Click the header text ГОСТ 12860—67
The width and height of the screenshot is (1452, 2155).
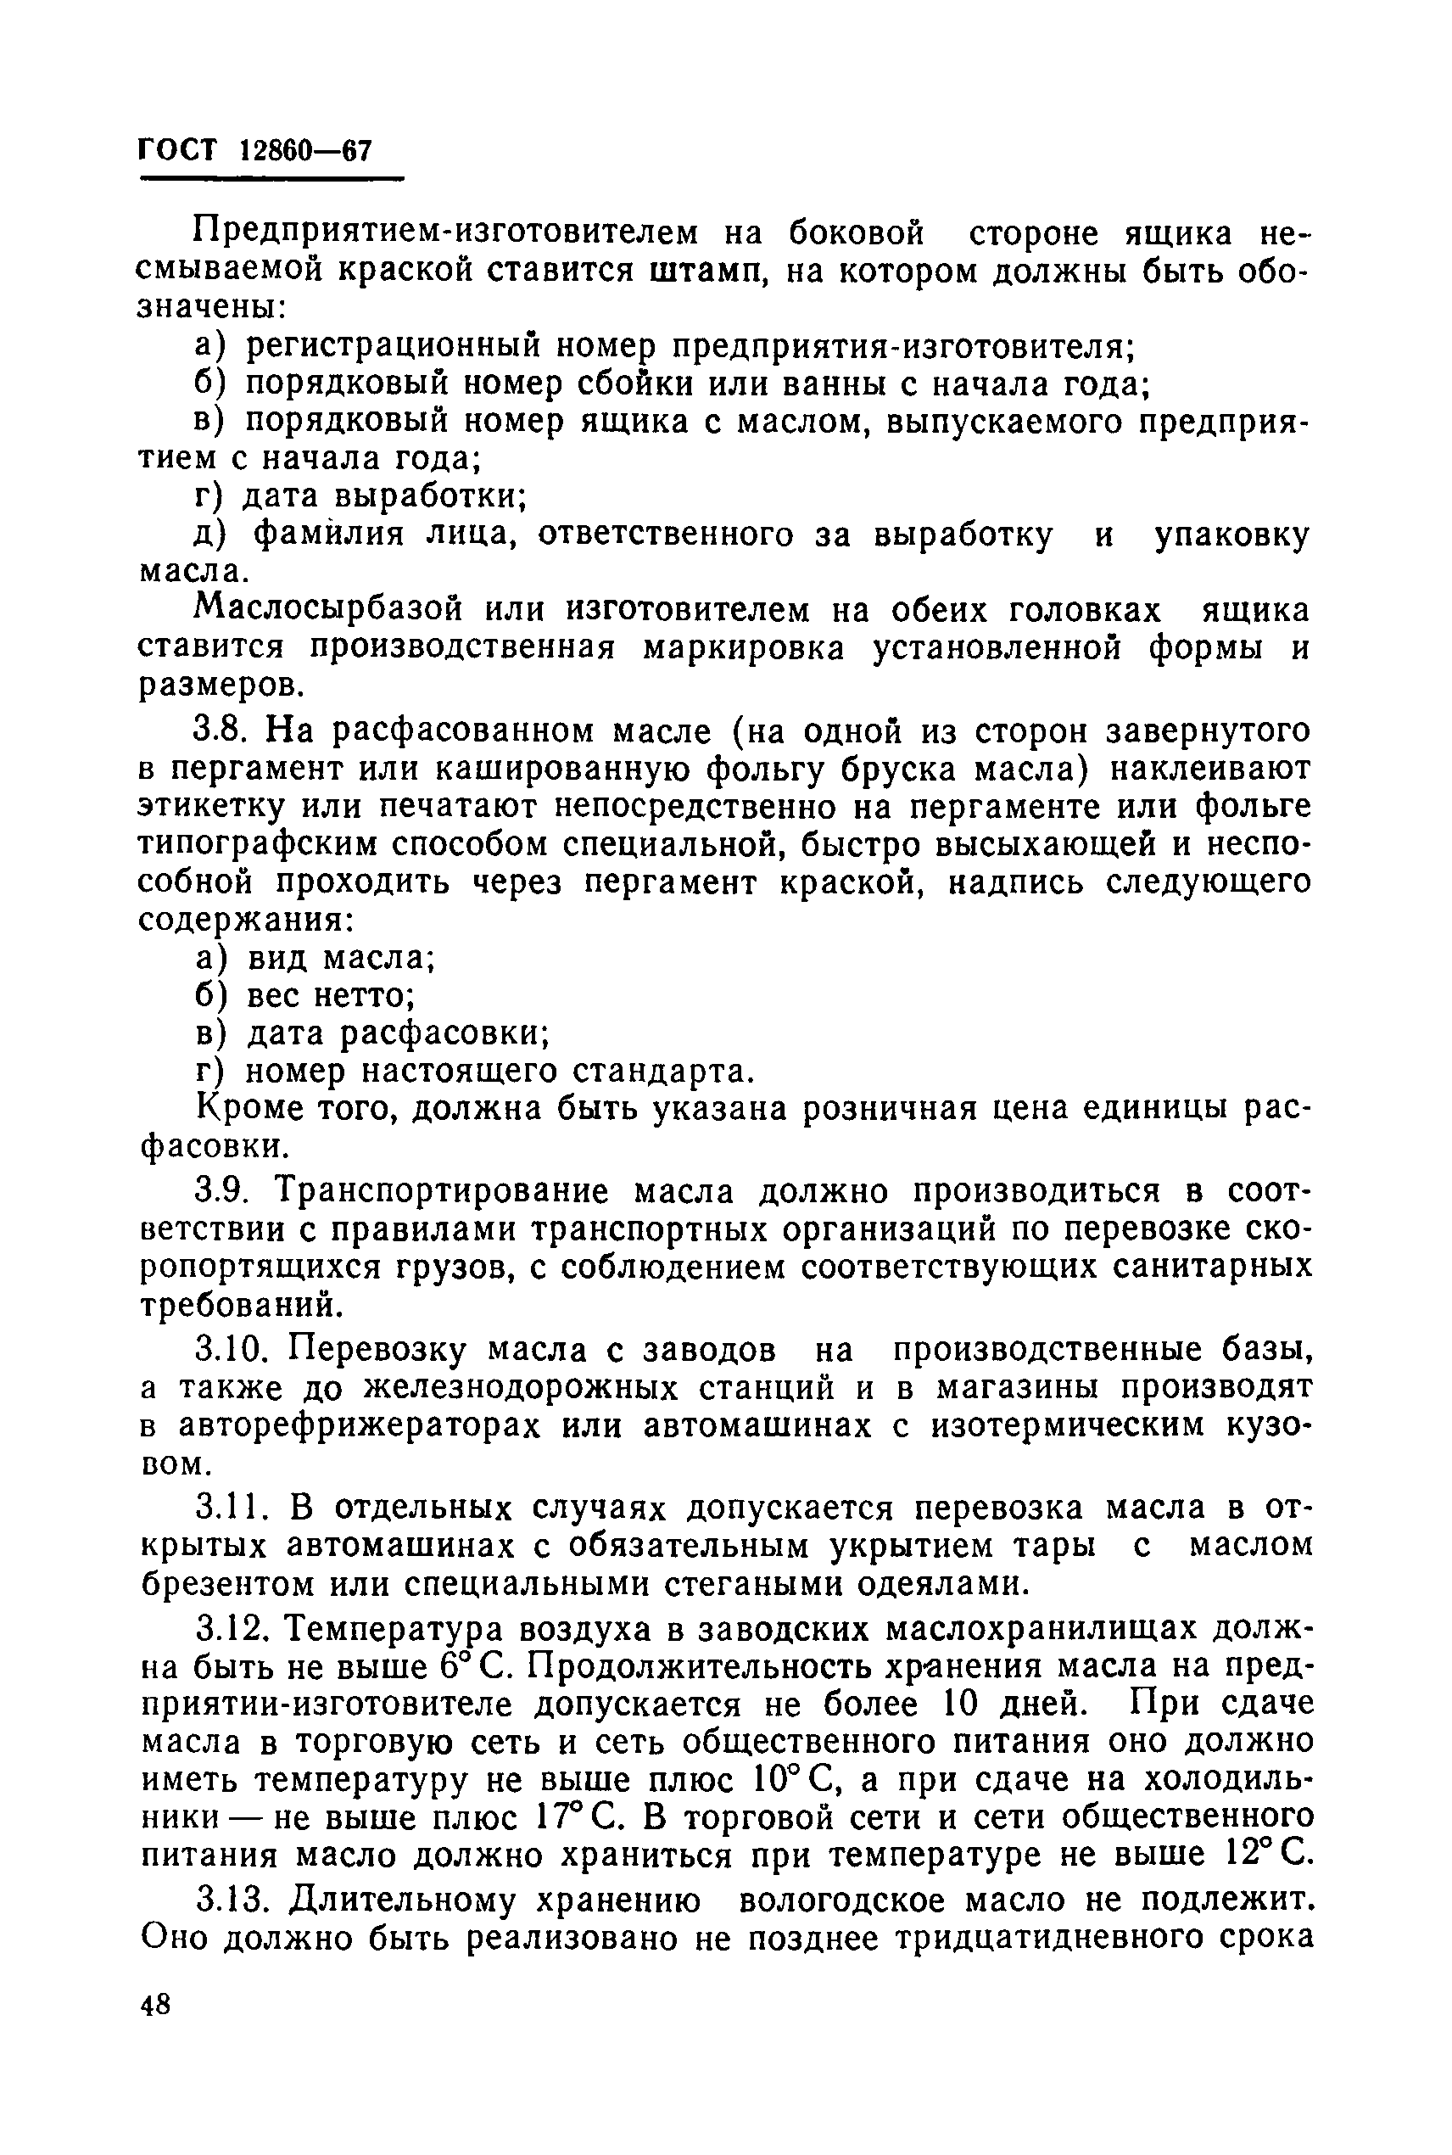[x=254, y=150]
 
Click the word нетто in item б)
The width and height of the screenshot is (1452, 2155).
[x=363, y=995]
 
